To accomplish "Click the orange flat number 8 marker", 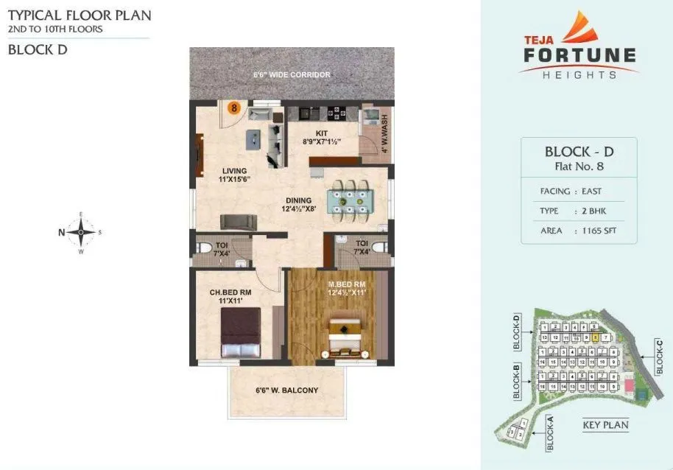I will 234,108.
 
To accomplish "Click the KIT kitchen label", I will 321,133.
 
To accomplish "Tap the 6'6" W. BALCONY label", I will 286,390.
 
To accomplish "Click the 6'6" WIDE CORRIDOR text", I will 292,74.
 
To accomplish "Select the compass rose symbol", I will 81,231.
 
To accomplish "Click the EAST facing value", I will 591,192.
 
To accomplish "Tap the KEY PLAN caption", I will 605,425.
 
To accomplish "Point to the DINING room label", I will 299,200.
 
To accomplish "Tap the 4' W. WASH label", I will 384,133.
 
